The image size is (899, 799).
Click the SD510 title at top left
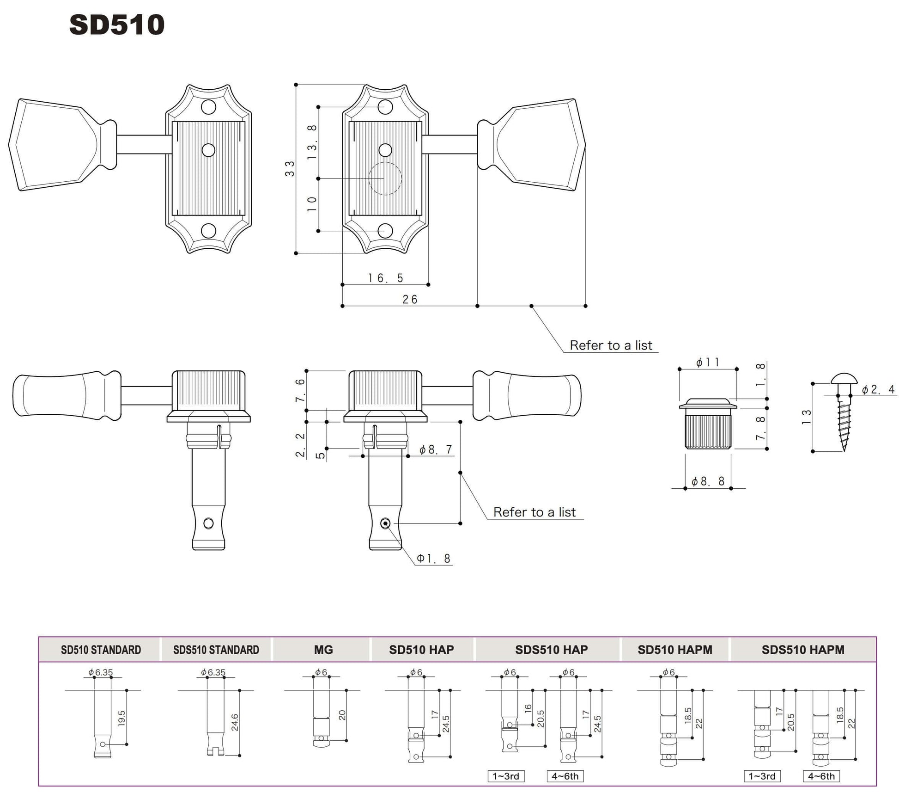116,25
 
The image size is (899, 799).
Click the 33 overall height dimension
290,169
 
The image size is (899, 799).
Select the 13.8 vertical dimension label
313,142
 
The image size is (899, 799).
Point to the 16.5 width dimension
385,278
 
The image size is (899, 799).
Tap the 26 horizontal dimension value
410,300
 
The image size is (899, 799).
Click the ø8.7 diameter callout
435,449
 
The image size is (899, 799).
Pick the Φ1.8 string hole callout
433,559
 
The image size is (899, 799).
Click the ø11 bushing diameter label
707,363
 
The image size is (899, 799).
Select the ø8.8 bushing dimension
708,482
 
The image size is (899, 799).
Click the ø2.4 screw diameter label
878,390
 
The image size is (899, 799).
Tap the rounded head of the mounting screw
844,380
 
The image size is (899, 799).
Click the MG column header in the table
323,650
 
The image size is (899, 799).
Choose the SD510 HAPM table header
674,650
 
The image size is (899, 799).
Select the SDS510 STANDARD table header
216,650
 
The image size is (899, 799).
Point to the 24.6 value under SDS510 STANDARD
235,722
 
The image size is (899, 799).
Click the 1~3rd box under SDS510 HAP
506,776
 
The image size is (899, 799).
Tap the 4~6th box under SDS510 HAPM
821,776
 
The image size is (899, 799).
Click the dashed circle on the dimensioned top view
385,178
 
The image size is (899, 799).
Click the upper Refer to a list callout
610,345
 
